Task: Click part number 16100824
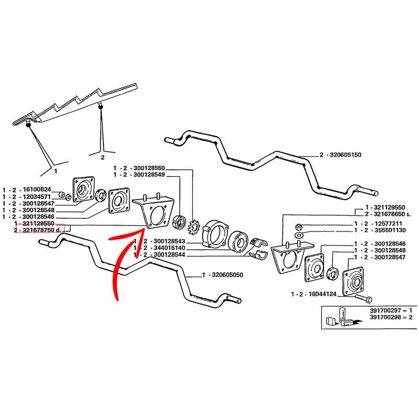[x=37, y=189]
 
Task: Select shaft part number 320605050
[x=221, y=274]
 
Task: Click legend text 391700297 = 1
[x=388, y=311]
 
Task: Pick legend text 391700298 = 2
[x=388, y=318]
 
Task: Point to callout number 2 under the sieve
[x=102, y=156]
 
